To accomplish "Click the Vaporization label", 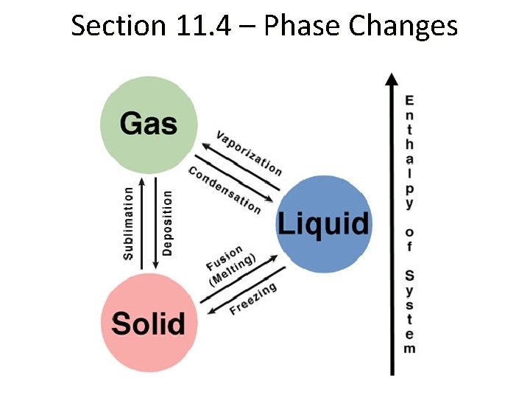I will [x=248, y=153].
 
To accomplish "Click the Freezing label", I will [x=252, y=298].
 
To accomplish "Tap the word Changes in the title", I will [x=403, y=27].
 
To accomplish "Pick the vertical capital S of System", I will [x=409, y=276].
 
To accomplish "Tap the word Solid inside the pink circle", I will [x=149, y=323].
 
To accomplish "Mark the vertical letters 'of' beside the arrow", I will [x=409, y=239].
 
